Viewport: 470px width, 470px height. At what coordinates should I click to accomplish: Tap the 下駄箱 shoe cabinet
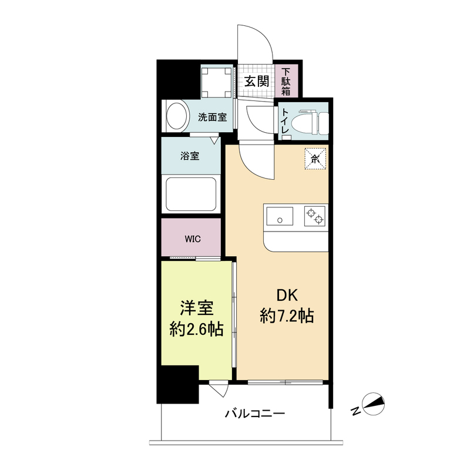pos(286,82)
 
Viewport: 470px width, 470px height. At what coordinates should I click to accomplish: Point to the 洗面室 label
pos(212,117)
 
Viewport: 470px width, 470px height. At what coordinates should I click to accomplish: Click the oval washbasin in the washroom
pos(176,117)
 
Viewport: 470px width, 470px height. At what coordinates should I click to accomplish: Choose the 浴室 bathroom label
pos(189,156)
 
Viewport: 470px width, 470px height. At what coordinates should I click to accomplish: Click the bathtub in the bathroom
pos(190,194)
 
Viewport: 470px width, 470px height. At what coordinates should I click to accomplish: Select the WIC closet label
pos(192,239)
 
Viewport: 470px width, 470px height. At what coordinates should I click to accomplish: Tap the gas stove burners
pos(314,217)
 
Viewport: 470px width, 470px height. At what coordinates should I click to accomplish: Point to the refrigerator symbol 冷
pos(315,157)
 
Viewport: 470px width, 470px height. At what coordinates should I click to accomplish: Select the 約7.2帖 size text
pos(286,317)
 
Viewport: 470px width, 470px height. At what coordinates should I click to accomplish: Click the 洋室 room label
pos(196,308)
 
